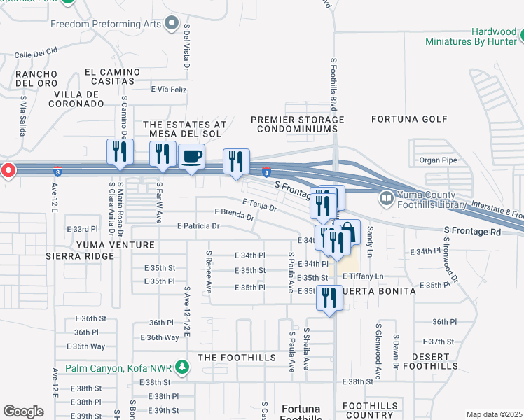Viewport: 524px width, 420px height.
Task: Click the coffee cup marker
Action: (191, 155)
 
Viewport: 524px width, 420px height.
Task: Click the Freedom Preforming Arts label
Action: (105, 24)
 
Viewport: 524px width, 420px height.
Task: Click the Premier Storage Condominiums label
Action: (298, 124)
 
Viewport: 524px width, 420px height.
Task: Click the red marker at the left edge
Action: (7, 170)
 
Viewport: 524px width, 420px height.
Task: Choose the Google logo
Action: (23, 411)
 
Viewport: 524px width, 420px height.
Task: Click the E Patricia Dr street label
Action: (198, 226)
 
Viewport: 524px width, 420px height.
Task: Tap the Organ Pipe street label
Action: (438, 160)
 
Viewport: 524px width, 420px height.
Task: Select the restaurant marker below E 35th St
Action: (328, 297)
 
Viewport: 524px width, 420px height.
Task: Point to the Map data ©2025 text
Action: (493, 414)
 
